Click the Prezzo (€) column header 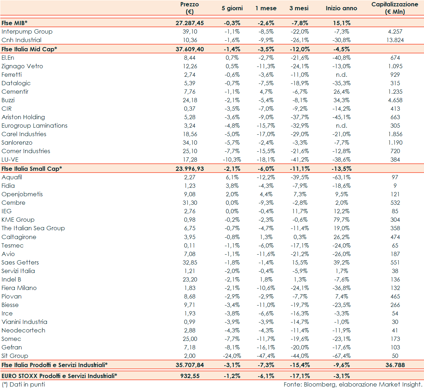tap(190, 8)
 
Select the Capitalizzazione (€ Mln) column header tap(395, 8)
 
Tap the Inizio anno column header tap(341, 8)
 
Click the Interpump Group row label tap(27, 31)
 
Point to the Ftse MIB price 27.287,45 tap(190, 23)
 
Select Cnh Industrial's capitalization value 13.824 tap(395, 40)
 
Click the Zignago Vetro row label tap(22, 66)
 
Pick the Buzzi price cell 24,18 tap(190, 100)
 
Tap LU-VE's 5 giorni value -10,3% tap(232, 159)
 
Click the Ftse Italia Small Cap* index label tap(32, 169)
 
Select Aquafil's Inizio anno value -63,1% tap(342, 177)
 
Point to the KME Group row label tap(18, 220)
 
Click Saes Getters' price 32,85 tap(190, 262)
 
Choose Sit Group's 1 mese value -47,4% tap(266, 356)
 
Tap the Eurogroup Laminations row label tap(34, 126)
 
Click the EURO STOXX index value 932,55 tap(190, 376)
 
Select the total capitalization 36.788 tap(395, 365)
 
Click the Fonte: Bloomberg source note tap(353, 384)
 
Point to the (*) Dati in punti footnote tap(24, 384)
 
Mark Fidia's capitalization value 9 tap(395, 186)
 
